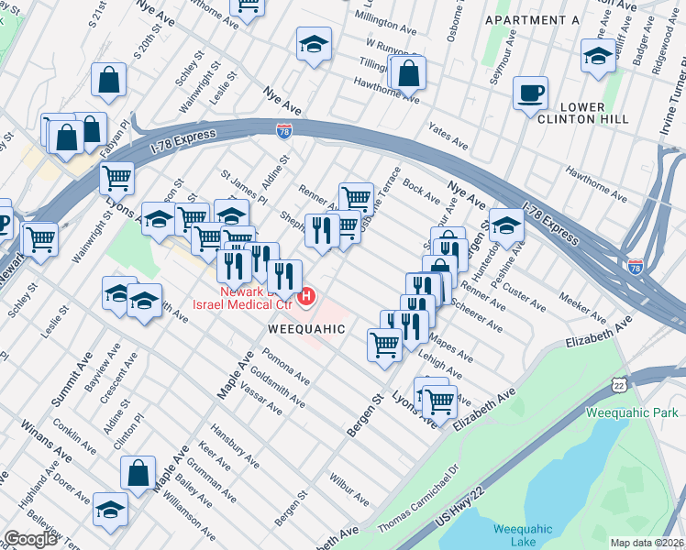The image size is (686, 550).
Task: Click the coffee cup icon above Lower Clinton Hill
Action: click(530, 93)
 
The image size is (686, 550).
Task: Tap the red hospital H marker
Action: click(308, 296)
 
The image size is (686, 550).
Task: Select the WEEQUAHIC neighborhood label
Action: click(306, 328)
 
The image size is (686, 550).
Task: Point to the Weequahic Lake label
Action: click(521, 534)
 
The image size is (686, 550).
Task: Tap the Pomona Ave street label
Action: click(283, 367)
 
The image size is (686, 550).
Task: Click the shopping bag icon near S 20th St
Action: click(108, 81)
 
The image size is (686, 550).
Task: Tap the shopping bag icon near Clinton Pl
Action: click(137, 473)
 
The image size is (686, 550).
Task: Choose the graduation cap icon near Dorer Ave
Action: click(110, 508)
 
